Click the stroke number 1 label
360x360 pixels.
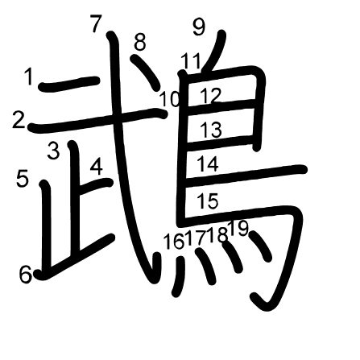click(x=29, y=77)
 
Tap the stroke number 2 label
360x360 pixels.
click(x=19, y=120)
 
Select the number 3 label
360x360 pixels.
click(x=53, y=150)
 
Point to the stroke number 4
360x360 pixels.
click(x=97, y=167)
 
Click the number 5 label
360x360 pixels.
click(x=23, y=179)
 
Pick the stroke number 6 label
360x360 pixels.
click(x=26, y=275)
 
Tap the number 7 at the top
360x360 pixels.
click(x=96, y=24)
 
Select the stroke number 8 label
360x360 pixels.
click(x=140, y=42)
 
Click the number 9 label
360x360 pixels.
click(x=199, y=27)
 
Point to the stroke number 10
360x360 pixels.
click(x=169, y=99)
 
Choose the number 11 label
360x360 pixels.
click(x=191, y=61)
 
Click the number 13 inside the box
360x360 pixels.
click(x=212, y=130)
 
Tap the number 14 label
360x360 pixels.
click(x=208, y=164)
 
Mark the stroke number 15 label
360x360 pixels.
click(x=208, y=201)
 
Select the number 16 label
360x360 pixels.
click(x=174, y=241)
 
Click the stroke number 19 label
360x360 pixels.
click(x=239, y=229)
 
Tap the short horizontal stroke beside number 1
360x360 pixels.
click(x=69, y=84)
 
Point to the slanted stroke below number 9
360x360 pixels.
click(x=214, y=51)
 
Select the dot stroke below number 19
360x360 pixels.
click(x=260, y=246)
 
